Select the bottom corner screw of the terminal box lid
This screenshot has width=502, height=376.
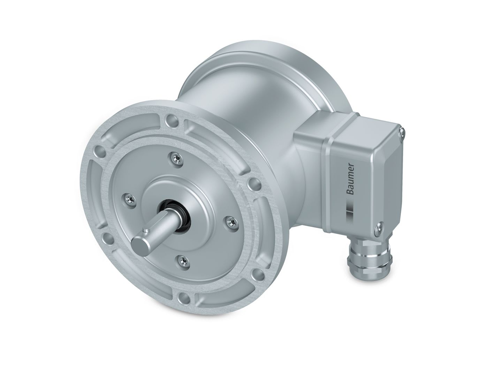click(378, 228)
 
